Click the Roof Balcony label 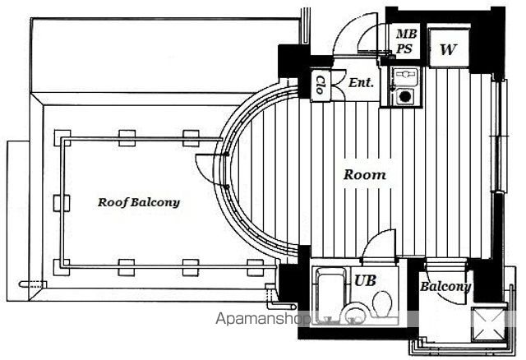(x=139, y=202)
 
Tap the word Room (x=365, y=174)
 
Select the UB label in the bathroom (x=365, y=280)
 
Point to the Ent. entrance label (x=361, y=82)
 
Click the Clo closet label (x=321, y=85)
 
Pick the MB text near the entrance (x=406, y=34)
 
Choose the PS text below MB (x=404, y=49)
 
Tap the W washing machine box (x=449, y=48)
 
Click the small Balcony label (x=445, y=287)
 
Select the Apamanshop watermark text (x=263, y=319)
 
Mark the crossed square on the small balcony (x=488, y=324)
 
